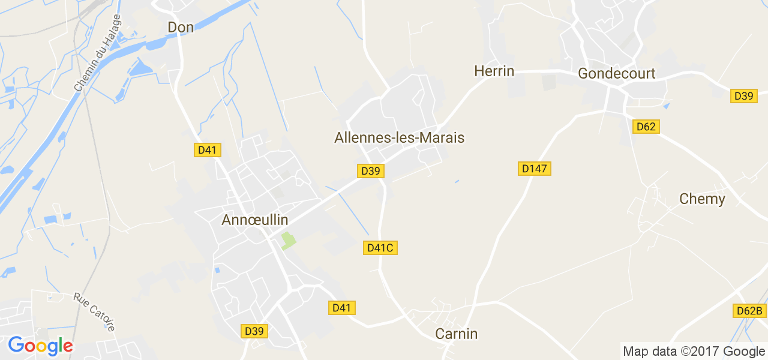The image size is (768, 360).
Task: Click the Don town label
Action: click(181, 27)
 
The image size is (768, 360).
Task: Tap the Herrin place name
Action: click(494, 71)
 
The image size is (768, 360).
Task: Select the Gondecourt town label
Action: click(616, 73)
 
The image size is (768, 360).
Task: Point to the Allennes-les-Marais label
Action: click(399, 137)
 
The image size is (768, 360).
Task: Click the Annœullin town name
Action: click(255, 220)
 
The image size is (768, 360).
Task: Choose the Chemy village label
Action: click(702, 199)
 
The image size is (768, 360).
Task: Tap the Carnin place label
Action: click(457, 334)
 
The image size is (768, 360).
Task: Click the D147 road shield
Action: click(534, 169)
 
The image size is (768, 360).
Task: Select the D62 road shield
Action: click(646, 127)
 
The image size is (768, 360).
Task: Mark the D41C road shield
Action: click(380, 247)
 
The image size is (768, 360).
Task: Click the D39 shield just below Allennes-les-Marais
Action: click(371, 171)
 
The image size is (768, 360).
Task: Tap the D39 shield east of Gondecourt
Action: click(744, 95)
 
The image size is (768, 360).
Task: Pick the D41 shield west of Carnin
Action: click(342, 308)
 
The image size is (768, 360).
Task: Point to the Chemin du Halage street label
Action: click(97, 53)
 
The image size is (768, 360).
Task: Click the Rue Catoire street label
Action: click(94, 311)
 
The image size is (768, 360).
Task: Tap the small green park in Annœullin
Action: click(288, 241)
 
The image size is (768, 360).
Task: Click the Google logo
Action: click(40, 346)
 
